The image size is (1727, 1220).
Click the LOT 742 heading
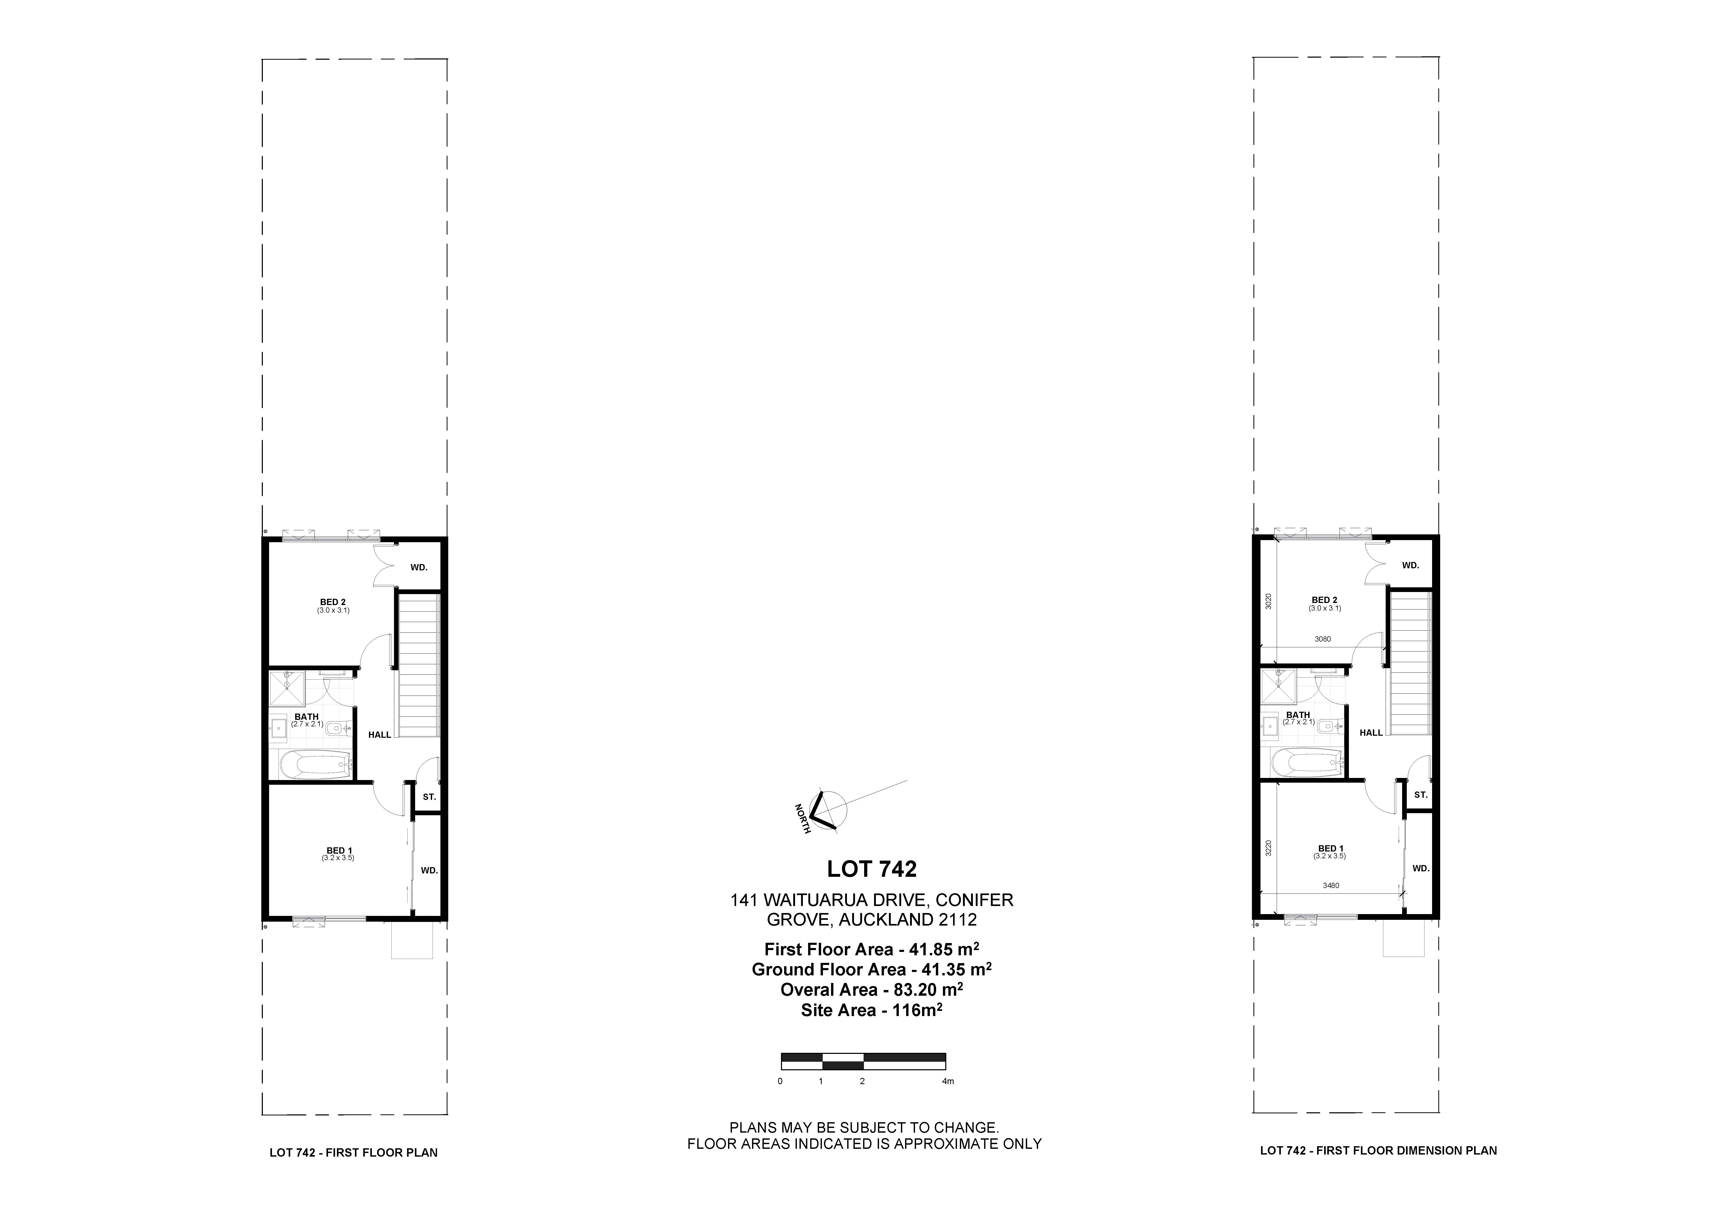pyautogui.click(x=872, y=869)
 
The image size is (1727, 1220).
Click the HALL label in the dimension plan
pyautogui.click(x=1371, y=733)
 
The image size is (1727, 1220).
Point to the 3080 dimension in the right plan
pyautogui.click(x=1323, y=639)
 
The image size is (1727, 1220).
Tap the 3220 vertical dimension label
pyautogui.click(x=1268, y=848)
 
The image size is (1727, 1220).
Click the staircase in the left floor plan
pyautogui.click(x=418, y=666)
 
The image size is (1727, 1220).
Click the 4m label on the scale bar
pyautogui.click(x=948, y=1082)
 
